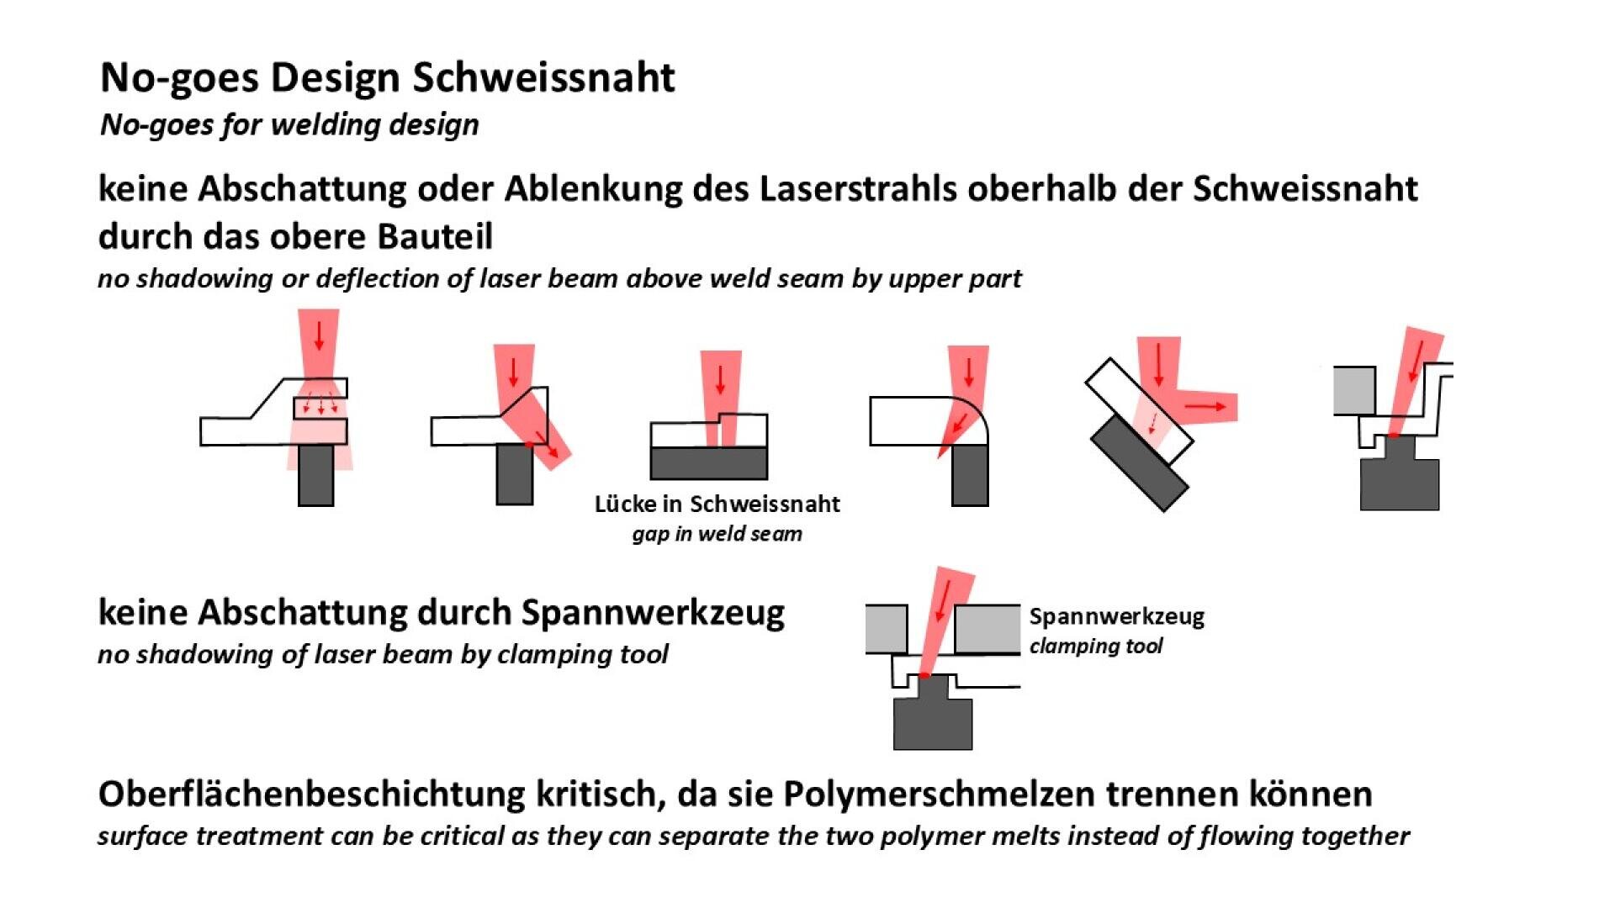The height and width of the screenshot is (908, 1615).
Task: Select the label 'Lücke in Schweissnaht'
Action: pyautogui.click(x=717, y=504)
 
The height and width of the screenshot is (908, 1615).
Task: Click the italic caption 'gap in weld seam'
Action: pyautogui.click(x=717, y=534)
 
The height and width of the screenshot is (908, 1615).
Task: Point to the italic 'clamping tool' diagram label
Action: pyautogui.click(x=1095, y=647)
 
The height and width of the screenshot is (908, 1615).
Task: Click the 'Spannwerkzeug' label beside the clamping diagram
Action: pyautogui.click(x=1116, y=617)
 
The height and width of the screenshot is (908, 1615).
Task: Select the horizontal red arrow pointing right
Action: pyautogui.click(x=1206, y=407)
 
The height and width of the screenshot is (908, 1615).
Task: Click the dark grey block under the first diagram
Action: pyautogui.click(x=315, y=475)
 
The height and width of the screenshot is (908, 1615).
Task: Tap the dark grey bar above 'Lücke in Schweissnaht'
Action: pyautogui.click(x=708, y=463)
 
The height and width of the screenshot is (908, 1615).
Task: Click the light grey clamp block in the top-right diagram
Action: pyautogui.click(x=1354, y=390)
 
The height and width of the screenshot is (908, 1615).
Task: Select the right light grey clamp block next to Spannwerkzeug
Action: pyautogui.click(x=988, y=628)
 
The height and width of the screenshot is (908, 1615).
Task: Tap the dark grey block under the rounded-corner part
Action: pyautogui.click(x=970, y=476)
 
